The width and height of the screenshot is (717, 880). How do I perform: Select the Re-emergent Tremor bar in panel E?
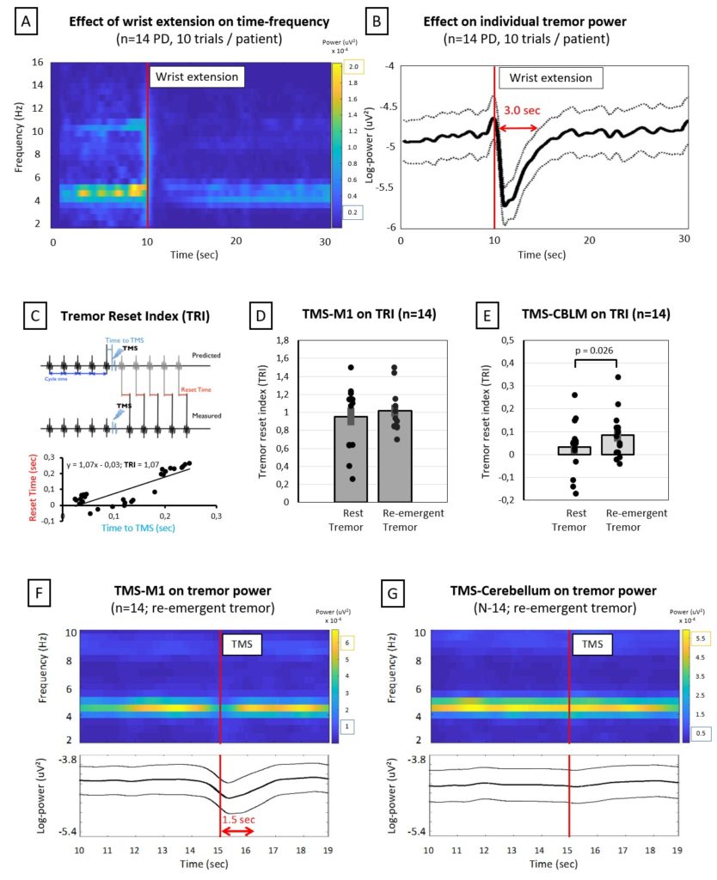tap(617, 444)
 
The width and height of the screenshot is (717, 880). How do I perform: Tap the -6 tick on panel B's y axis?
tap(388, 227)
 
